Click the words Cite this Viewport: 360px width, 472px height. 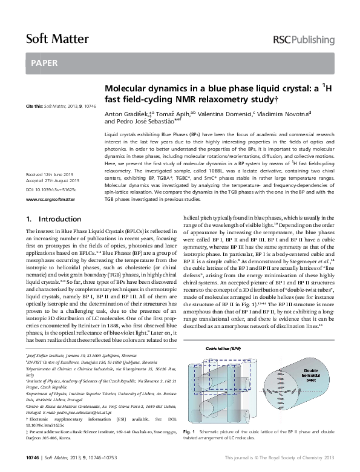tap(34, 106)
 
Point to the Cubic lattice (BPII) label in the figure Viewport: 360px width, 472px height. tap(238, 349)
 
